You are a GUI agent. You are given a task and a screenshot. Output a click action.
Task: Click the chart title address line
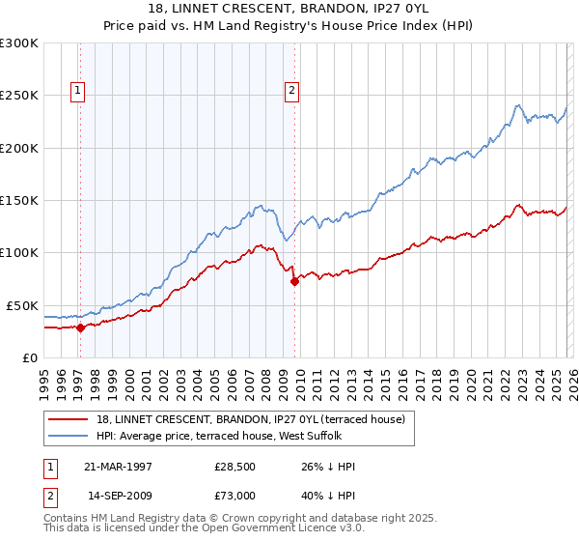click(289, 9)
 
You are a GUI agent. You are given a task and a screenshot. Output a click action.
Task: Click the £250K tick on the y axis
click(19, 96)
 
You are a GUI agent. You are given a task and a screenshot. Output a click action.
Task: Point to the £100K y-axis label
click(19, 252)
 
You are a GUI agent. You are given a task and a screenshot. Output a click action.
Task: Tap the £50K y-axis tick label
click(22, 305)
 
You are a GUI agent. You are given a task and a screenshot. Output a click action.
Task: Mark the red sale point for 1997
click(81, 327)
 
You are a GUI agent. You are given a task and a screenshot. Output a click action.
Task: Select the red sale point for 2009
click(294, 281)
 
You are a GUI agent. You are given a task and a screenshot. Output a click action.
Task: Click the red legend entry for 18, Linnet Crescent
click(256, 419)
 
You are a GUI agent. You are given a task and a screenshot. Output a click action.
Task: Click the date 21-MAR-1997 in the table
click(120, 467)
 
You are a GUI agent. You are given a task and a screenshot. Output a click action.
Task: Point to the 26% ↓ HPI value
click(328, 467)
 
